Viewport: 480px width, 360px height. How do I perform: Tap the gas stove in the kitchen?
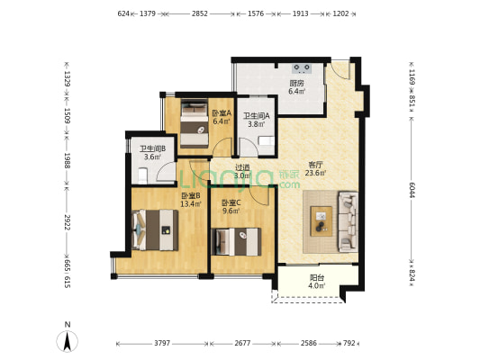pos(302,68)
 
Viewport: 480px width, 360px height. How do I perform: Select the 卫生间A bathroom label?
pos(257,116)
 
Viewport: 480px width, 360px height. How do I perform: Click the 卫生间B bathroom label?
pos(153,149)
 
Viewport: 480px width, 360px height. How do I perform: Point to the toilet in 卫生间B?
pos(142,175)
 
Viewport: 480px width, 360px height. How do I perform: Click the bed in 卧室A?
pos(195,124)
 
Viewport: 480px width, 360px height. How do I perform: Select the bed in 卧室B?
pos(155,230)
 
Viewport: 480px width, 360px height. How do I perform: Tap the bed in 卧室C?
pos(236,241)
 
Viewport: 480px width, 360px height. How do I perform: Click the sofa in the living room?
pos(348,221)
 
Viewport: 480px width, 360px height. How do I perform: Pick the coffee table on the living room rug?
pos(322,221)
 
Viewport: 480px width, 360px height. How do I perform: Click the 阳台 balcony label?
pos(317,278)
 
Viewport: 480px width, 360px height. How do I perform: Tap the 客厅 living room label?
pos(315,165)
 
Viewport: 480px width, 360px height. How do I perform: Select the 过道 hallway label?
pos(242,167)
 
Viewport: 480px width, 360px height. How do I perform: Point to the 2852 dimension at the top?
pos(200,13)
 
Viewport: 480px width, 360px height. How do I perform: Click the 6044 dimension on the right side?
pos(412,190)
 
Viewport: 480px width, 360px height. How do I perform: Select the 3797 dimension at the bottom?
pos(162,343)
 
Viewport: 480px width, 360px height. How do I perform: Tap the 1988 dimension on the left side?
pos(68,160)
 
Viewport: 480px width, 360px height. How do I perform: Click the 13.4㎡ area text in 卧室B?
pos(191,203)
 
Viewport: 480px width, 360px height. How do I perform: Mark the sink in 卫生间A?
pos(267,141)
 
